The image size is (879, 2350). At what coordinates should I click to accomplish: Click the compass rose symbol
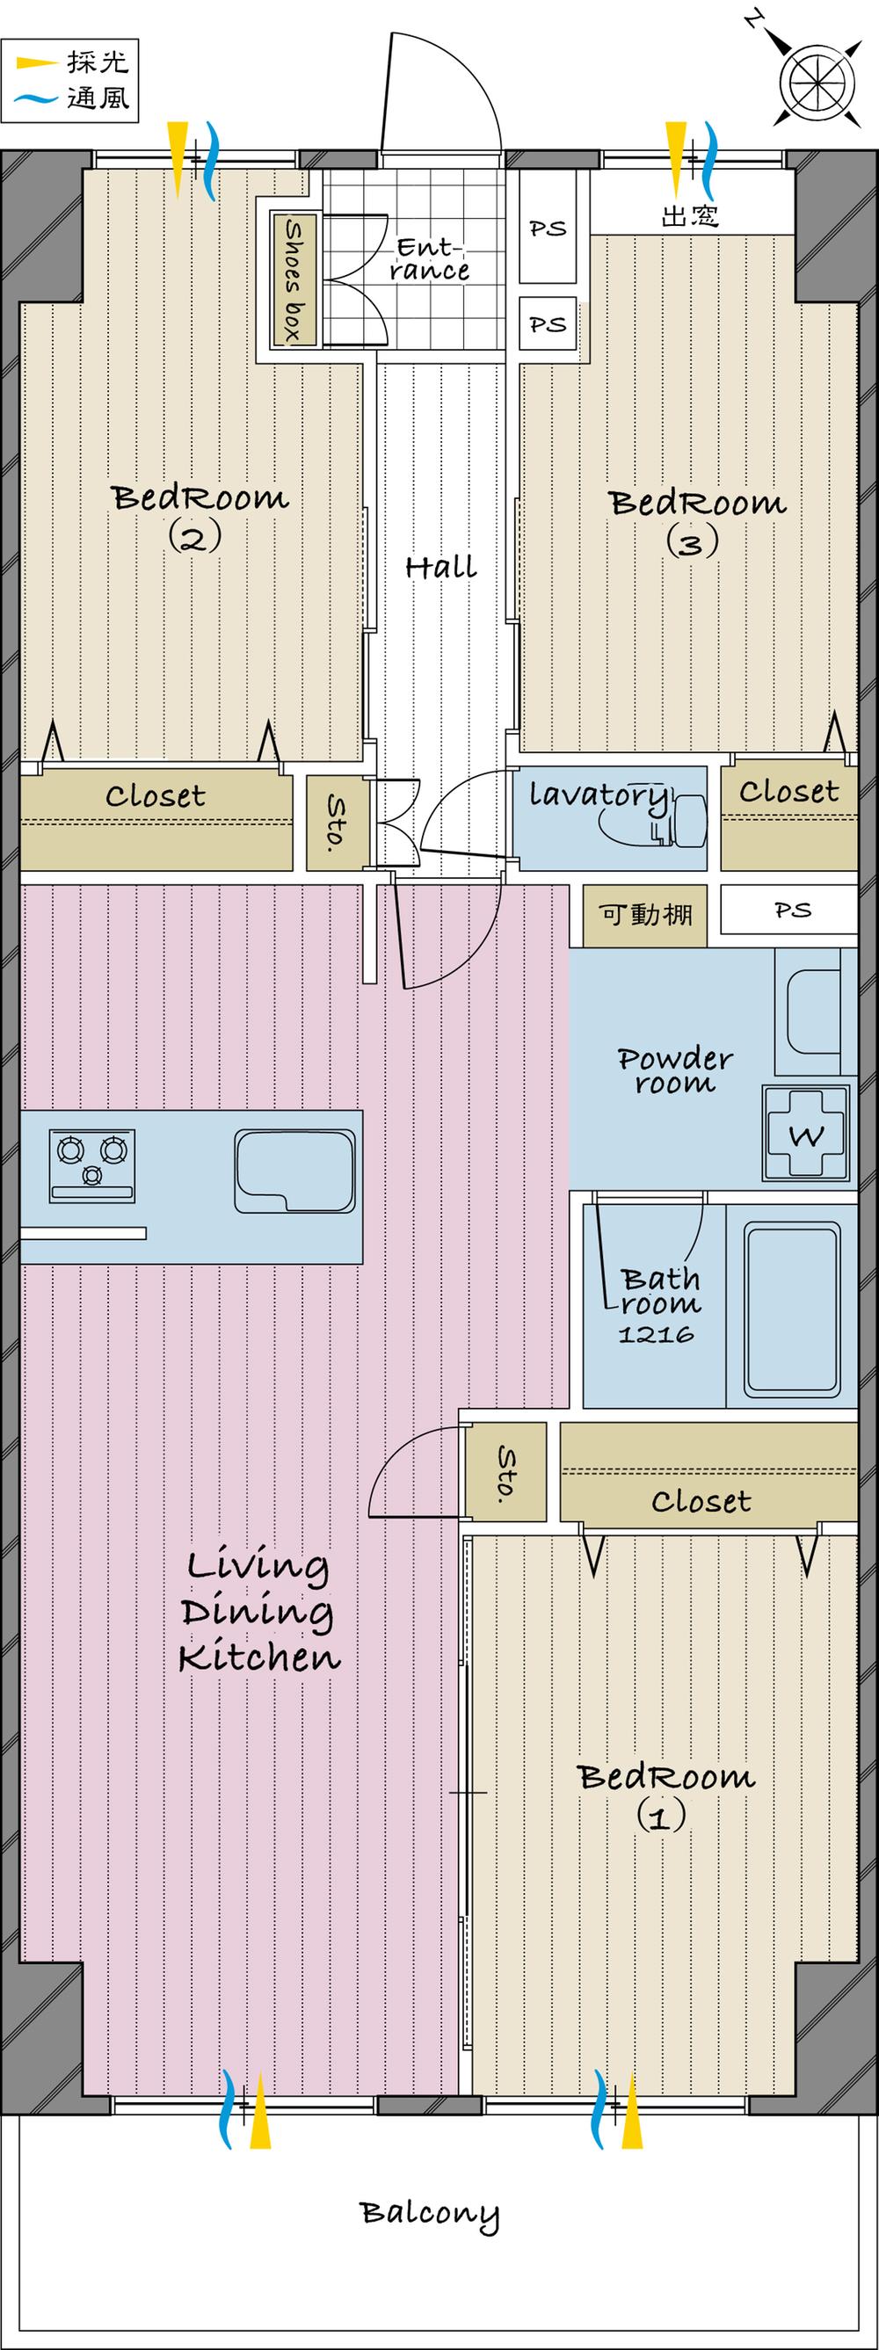pyautogui.click(x=817, y=82)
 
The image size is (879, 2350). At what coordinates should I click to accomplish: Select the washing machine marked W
pyautogui.click(x=806, y=1134)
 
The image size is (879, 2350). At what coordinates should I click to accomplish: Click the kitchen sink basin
pyautogui.click(x=294, y=1171)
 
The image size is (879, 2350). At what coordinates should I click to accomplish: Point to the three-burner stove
pyautogui.click(x=92, y=1164)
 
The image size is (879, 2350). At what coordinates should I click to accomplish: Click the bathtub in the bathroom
pyautogui.click(x=791, y=1309)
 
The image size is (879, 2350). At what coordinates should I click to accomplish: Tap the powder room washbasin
pyautogui.click(x=813, y=1009)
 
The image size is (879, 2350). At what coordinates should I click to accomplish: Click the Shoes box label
pyautogui.click(x=293, y=280)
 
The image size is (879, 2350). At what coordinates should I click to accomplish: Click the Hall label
pyautogui.click(x=441, y=568)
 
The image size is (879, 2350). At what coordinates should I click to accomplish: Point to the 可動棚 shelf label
pyautogui.click(x=645, y=914)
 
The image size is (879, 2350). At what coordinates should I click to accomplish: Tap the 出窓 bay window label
pyautogui.click(x=689, y=216)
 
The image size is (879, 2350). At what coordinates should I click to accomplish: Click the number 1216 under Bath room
pyautogui.click(x=656, y=1335)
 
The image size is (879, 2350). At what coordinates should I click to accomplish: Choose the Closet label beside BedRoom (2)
pyautogui.click(x=156, y=796)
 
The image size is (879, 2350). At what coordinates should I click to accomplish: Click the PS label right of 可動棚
pyautogui.click(x=791, y=910)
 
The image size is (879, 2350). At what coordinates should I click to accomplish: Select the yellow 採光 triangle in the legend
pyautogui.click(x=37, y=63)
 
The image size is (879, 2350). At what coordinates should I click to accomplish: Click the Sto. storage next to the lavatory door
pyautogui.click(x=336, y=821)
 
